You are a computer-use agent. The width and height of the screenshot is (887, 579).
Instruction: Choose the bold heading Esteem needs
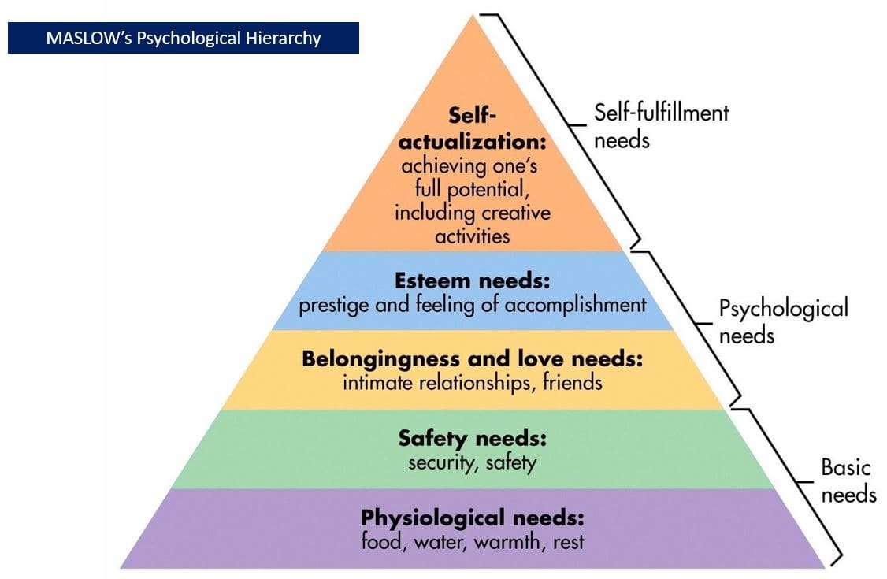472,282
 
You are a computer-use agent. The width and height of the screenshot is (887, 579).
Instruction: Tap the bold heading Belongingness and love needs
472,360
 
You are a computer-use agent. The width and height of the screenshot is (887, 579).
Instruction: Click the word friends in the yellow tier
572,383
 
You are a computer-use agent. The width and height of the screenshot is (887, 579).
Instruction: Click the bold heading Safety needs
472,438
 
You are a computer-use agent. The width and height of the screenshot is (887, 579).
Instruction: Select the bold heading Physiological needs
472,518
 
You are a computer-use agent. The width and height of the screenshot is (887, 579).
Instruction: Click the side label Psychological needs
782,321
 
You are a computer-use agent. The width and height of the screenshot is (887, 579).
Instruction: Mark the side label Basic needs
847,481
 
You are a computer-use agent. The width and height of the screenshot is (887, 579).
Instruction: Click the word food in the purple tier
380,542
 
